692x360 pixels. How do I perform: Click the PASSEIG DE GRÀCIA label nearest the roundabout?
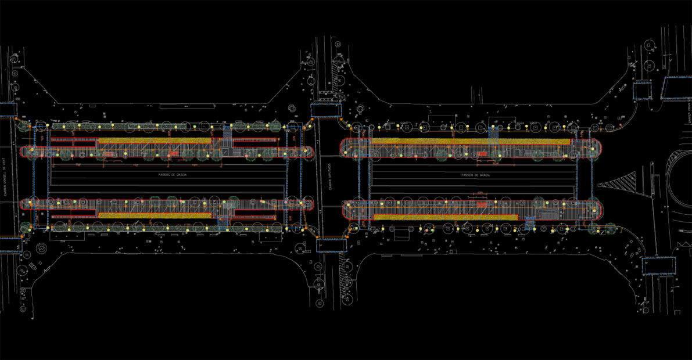point(476,175)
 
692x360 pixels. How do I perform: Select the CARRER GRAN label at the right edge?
point(688,111)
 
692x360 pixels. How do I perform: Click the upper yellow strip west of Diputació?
point(154,141)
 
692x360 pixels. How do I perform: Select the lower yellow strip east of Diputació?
point(444,217)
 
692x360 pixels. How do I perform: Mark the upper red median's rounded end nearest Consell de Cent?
point(24,152)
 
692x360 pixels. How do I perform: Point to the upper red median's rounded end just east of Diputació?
point(346,147)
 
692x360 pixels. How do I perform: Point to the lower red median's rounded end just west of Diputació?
point(309,204)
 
